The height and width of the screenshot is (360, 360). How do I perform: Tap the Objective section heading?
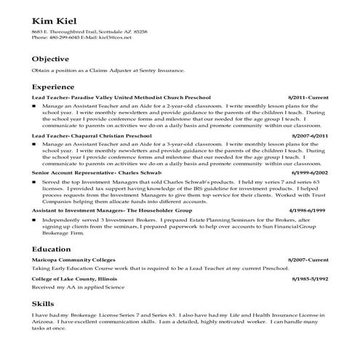50,59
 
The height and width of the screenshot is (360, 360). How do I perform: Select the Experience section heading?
54,87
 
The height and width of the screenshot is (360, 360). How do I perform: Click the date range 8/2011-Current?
308,97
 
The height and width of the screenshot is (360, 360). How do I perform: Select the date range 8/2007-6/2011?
309,135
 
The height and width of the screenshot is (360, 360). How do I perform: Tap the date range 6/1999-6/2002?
309,173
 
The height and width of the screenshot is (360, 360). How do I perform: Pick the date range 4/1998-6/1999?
309,211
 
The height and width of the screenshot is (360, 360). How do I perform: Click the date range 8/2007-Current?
308,260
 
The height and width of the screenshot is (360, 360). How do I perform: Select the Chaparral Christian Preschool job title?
92,135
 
